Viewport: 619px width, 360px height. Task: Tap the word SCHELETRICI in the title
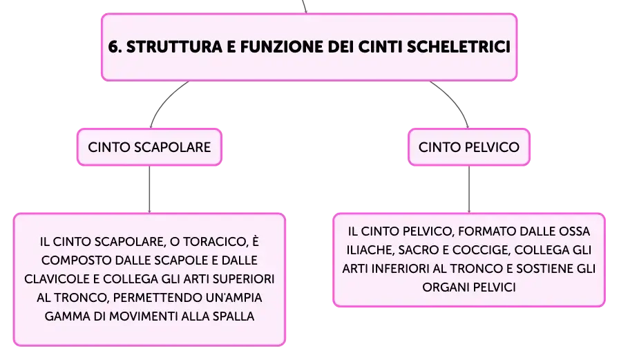coord(459,47)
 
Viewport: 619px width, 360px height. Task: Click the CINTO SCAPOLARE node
coord(149,147)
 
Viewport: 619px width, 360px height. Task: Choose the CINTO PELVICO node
coord(469,147)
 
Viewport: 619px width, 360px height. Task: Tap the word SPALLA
coord(234,316)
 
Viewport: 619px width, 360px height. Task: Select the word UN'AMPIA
coord(234,298)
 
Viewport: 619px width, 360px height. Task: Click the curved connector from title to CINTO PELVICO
coord(455,100)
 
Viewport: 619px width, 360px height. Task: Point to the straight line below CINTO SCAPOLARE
coord(149,189)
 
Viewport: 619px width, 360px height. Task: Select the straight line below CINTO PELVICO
coord(469,189)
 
